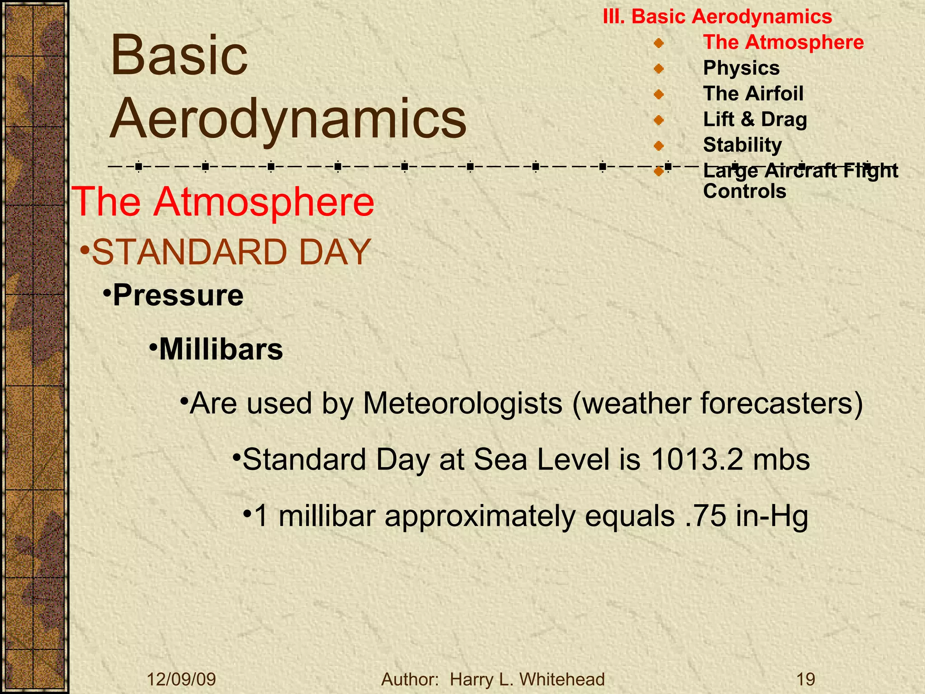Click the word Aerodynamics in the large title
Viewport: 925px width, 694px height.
(x=288, y=118)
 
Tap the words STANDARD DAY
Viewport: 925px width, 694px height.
(x=231, y=252)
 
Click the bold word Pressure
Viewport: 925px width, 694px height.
(x=178, y=295)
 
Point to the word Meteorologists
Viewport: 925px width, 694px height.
(x=462, y=403)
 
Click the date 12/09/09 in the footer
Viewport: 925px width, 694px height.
(x=182, y=679)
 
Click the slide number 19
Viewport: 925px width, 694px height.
(x=805, y=679)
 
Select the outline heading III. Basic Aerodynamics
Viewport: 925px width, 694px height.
(x=717, y=17)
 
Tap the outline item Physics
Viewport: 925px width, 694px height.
(x=741, y=68)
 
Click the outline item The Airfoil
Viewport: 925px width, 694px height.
(x=753, y=94)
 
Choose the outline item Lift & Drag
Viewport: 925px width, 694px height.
(x=755, y=120)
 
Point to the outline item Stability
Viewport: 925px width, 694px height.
(x=742, y=145)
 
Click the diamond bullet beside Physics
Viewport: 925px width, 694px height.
(x=659, y=69)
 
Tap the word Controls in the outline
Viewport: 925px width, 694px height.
(x=744, y=191)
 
